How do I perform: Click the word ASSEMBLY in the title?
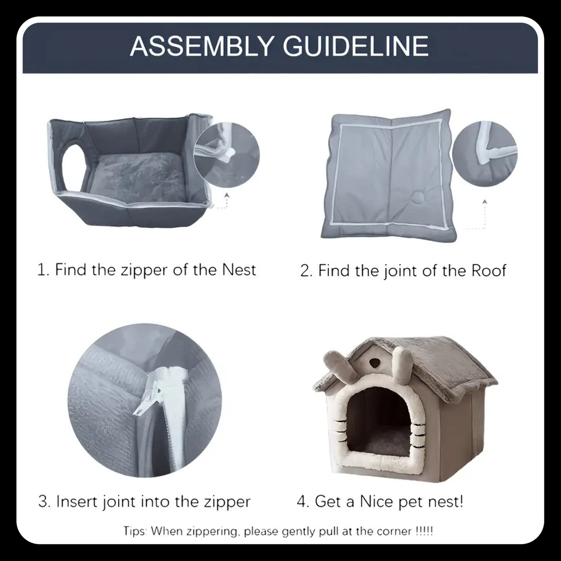click(201, 46)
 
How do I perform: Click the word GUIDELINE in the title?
click(356, 46)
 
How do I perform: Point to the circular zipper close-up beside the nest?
click(226, 155)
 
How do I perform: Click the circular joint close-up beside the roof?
click(485, 154)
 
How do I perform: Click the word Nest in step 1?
click(239, 269)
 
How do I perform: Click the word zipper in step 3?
click(227, 502)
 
